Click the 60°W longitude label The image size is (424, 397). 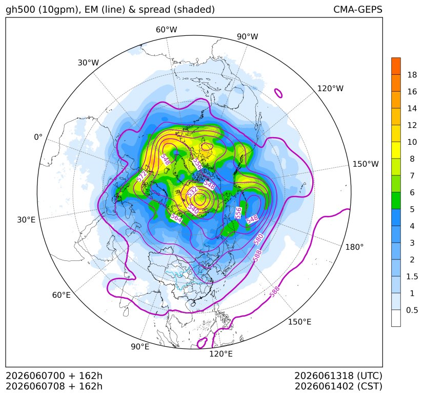coord(166,30)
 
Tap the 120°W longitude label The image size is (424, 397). coord(330,89)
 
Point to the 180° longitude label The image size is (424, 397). coord(354,247)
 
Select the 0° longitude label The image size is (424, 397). coord(38,137)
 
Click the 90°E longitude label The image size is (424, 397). coord(140,347)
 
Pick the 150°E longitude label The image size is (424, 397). coord(299,322)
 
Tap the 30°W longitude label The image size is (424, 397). coord(88,62)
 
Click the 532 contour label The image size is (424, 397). coord(193,192)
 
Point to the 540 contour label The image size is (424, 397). coord(194,209)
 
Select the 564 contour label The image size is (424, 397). coord(176,218)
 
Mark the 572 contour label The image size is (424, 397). coord(142,176)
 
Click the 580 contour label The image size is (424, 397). coord(258,239)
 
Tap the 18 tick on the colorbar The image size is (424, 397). coord(412,75)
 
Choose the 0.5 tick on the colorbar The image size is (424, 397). coord(412,310)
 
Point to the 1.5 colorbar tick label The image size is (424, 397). coord(412,276)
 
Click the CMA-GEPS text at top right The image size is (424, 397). coord(358,10)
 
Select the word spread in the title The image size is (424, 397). coord(154,10)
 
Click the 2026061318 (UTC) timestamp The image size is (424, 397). coord(338,376)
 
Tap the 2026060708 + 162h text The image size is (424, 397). coord(54,386)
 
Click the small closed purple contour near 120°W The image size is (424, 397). coord(278,94)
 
